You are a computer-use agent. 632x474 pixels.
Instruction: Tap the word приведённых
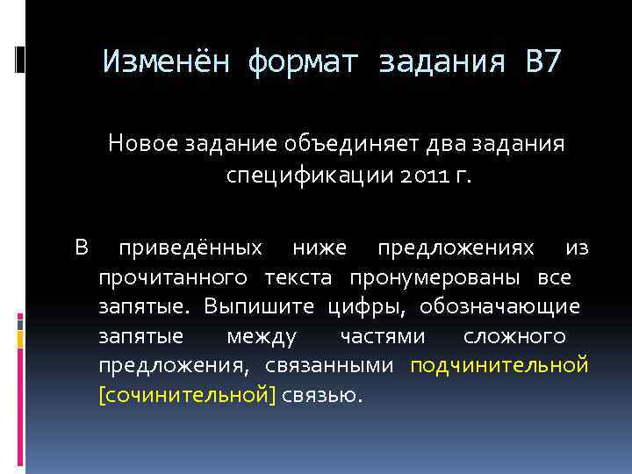click(x=190, y=248)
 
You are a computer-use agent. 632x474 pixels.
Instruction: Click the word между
click(x=262, y=337)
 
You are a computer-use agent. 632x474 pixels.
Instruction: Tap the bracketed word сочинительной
click(x=188, y=396)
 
